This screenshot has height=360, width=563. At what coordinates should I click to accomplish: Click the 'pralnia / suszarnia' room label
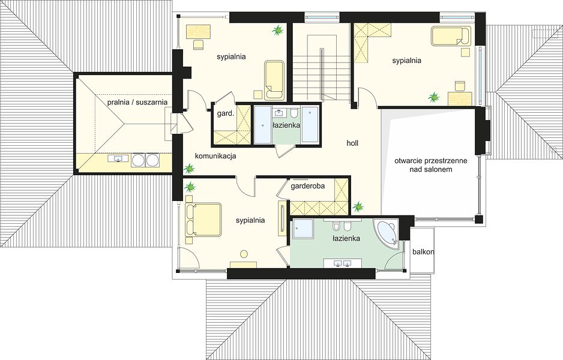click(x=137, y=102)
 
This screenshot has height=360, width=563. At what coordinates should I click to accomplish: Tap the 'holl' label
click(x=352, y=143)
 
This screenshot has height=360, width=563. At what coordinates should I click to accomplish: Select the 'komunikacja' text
click(x=215, y=156)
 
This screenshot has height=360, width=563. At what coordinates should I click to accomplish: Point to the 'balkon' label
click(x=423, y=252)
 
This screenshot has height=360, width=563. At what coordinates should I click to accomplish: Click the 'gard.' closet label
click(x=226, y=114)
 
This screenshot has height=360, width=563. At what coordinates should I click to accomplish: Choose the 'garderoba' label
click(x=308, y=186)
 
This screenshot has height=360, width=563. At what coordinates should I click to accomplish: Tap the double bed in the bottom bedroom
click(x=203, y=220)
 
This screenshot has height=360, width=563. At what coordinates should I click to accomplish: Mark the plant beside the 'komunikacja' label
click(x=189, y=169)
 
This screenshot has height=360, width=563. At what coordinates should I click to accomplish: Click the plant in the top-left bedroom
click(x=277, y=31)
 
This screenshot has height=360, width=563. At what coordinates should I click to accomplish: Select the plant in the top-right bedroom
click(x=434, y=97)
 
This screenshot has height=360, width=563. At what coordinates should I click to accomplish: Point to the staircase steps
click(x=321, y=68)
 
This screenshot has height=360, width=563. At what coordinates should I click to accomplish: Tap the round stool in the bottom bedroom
click(x=244, y=254)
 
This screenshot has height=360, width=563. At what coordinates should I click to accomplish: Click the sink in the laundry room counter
click(x=118, y=158)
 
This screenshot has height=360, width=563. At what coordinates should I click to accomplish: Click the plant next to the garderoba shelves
click(x=358, y=206)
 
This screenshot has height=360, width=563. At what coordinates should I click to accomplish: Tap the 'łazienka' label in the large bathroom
click(x=346, y=238)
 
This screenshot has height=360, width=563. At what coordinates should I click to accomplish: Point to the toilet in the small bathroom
click(x=294, y=113)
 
